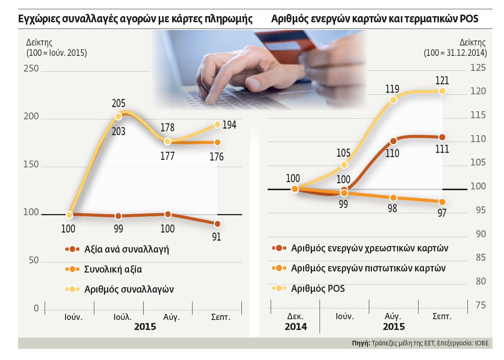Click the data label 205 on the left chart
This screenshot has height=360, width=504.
(119, 103)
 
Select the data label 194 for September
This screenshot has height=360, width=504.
(229, 125)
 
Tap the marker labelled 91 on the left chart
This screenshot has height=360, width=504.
(217, 224)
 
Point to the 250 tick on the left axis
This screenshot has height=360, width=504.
(31, 69)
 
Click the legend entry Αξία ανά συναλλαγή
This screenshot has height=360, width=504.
(126, 249)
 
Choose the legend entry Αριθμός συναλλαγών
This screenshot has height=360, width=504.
(129, 289)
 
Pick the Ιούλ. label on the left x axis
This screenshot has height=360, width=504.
(122, 317)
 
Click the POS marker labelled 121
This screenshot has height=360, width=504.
(442, 91)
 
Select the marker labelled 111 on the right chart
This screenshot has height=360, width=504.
(442, 137)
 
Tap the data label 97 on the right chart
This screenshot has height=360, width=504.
(442, 213)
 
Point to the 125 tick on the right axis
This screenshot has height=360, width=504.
(478, 68)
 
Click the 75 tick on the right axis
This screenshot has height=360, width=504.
(481, 305)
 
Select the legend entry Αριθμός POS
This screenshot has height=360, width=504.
(318, 288)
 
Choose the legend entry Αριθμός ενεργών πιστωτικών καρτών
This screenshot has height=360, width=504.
(368, 268)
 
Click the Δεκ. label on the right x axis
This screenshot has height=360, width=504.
(295, 316)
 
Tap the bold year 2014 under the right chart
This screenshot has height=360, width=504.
(296, 327)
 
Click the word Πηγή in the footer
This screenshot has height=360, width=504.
(360, 343)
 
